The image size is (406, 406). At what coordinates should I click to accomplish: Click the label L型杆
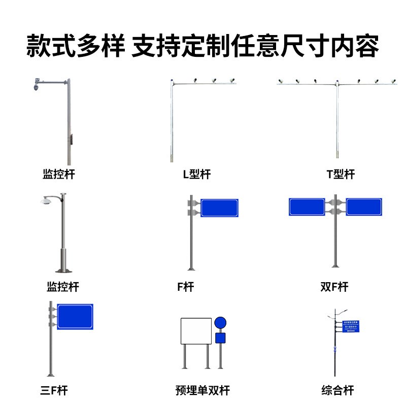[196, 175]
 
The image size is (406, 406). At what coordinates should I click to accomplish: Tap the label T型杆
[340, 175]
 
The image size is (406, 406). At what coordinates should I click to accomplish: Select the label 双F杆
[334, 287]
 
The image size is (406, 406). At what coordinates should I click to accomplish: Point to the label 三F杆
[53, 390]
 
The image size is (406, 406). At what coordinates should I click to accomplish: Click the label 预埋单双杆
[202, 390]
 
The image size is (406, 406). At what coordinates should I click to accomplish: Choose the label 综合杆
[337, 390]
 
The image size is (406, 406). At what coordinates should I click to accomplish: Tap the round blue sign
[220, 323]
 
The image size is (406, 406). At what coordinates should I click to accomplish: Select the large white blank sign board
[196, 331]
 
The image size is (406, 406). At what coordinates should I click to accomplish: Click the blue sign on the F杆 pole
[219, 208]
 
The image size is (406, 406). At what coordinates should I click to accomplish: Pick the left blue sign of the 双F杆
[307, 207]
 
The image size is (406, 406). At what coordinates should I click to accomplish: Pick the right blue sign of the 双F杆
[363, 207]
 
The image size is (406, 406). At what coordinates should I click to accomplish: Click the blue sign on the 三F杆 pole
[75, 317]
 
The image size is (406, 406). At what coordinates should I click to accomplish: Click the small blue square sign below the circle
[220, 338]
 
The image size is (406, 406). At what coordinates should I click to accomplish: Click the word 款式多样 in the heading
[75, 47]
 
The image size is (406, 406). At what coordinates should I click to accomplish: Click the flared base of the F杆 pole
[191, 267]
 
